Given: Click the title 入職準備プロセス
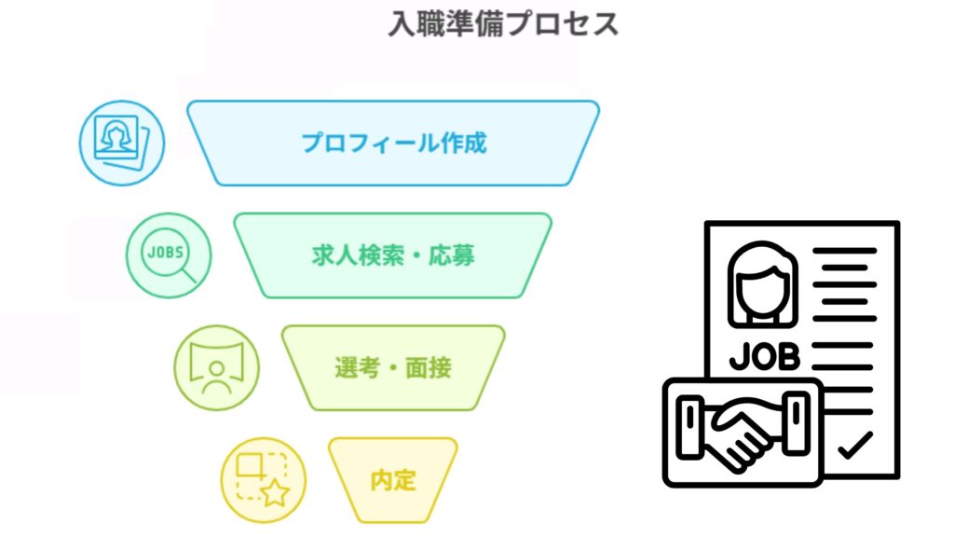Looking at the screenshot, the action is pos(503,24).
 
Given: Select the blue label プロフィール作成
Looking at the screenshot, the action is pos(394,143).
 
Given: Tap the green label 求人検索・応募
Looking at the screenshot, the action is pos(393,255).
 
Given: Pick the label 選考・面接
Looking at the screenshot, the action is pos(393,367).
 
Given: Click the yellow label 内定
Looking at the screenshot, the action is pos(393,480).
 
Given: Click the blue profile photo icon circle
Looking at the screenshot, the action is pos(122,143).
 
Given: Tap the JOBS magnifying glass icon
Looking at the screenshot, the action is pos(169,255).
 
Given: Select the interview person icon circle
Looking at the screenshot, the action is pos(216,367).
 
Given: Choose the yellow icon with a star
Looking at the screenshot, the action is pos(264,480).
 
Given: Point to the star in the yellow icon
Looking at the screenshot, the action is pos(275,492).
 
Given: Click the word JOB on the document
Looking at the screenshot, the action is pos(765,357).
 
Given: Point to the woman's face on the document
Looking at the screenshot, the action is pos(762,285).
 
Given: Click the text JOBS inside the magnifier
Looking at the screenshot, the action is pos(166,252).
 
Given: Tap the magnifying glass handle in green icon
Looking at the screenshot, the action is pos(190,276).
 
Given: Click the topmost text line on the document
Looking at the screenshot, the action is pos(844,251).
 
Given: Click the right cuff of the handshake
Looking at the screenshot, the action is pos(797,422).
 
